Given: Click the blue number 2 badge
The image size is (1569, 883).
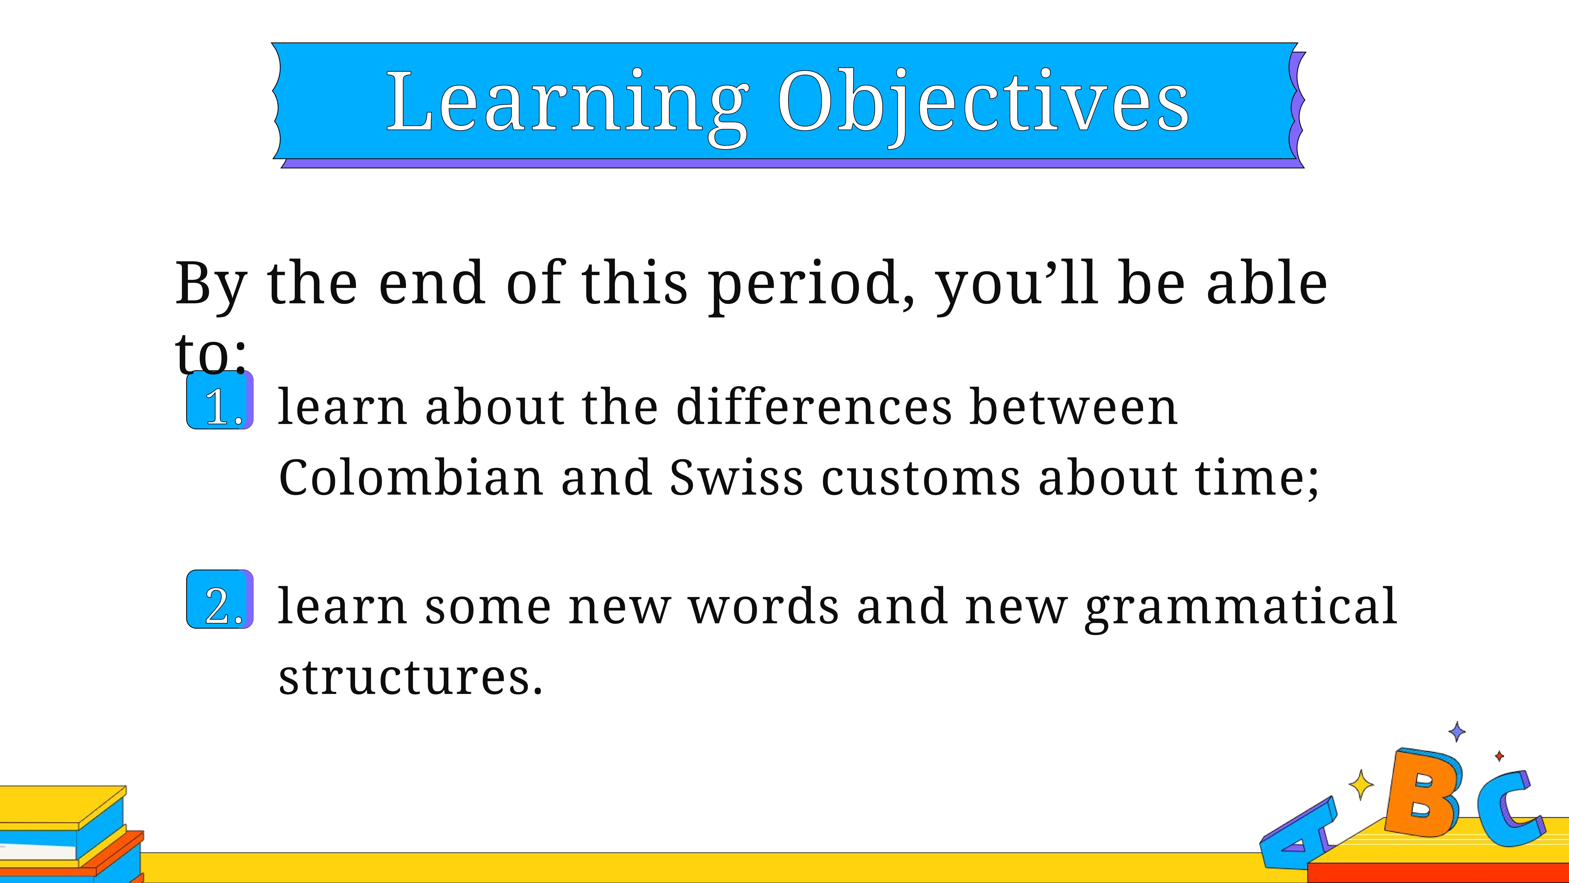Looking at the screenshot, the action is pos(220,599).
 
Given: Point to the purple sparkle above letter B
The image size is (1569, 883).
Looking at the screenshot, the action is pos(1457,731).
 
